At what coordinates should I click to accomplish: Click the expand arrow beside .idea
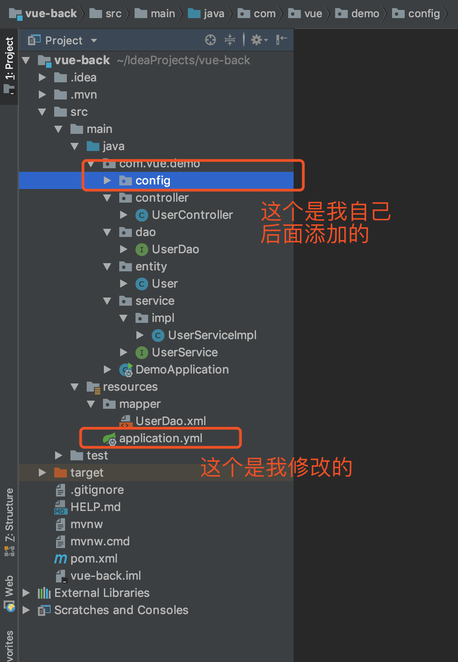pyautogui.click(x=42, y=77)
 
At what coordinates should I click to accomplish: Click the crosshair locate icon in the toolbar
pyautogui.click(x=210, y=40)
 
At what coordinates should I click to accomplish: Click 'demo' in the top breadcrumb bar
pyautogui.click(x=365, y=14)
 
